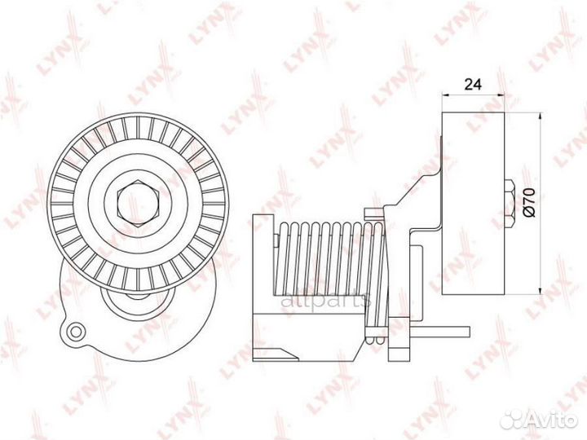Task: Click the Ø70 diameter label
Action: pyautogui.click(x=527, y=201)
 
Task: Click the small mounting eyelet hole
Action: pyautogui.click(x=76, y=331)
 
